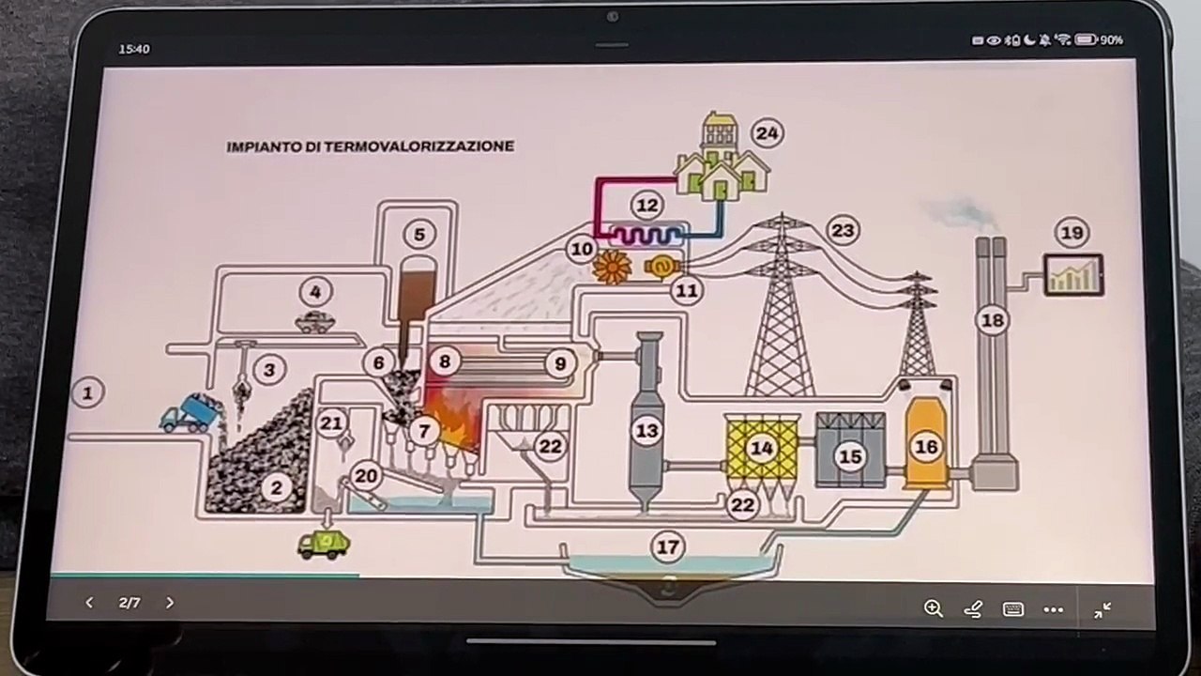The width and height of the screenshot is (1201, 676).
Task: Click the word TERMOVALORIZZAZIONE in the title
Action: [418, 146]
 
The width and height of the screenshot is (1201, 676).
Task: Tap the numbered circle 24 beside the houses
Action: [767, 133]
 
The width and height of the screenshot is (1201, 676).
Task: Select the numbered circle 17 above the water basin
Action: [668, 546]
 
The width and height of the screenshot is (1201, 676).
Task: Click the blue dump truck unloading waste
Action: [191, 413]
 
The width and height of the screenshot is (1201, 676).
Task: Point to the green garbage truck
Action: [324, 545]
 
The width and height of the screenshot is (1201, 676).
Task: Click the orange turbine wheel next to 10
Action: [613, 268]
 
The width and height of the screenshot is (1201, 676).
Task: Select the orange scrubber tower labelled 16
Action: [926, 442]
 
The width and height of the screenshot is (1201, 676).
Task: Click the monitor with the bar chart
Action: [1073, 275]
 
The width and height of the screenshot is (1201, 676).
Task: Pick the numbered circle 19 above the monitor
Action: [1072, 232]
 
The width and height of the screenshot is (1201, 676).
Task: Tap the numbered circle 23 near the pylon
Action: [843, 230]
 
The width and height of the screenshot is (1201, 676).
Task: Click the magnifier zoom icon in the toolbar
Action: [934, 608]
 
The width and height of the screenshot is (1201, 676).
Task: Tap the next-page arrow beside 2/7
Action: [170, 603]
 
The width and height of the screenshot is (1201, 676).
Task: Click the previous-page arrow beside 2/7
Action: [89, 603]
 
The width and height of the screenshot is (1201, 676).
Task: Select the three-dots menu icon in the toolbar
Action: [1053, 610]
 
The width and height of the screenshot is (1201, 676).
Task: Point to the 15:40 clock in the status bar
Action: [134, 50]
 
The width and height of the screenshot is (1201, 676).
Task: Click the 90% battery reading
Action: [1112, 40]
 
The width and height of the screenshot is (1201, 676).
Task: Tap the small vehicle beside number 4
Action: [315, 322]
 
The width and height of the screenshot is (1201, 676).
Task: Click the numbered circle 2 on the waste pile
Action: [276, 487]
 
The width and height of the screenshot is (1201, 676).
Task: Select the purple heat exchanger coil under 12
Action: [647, 235]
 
